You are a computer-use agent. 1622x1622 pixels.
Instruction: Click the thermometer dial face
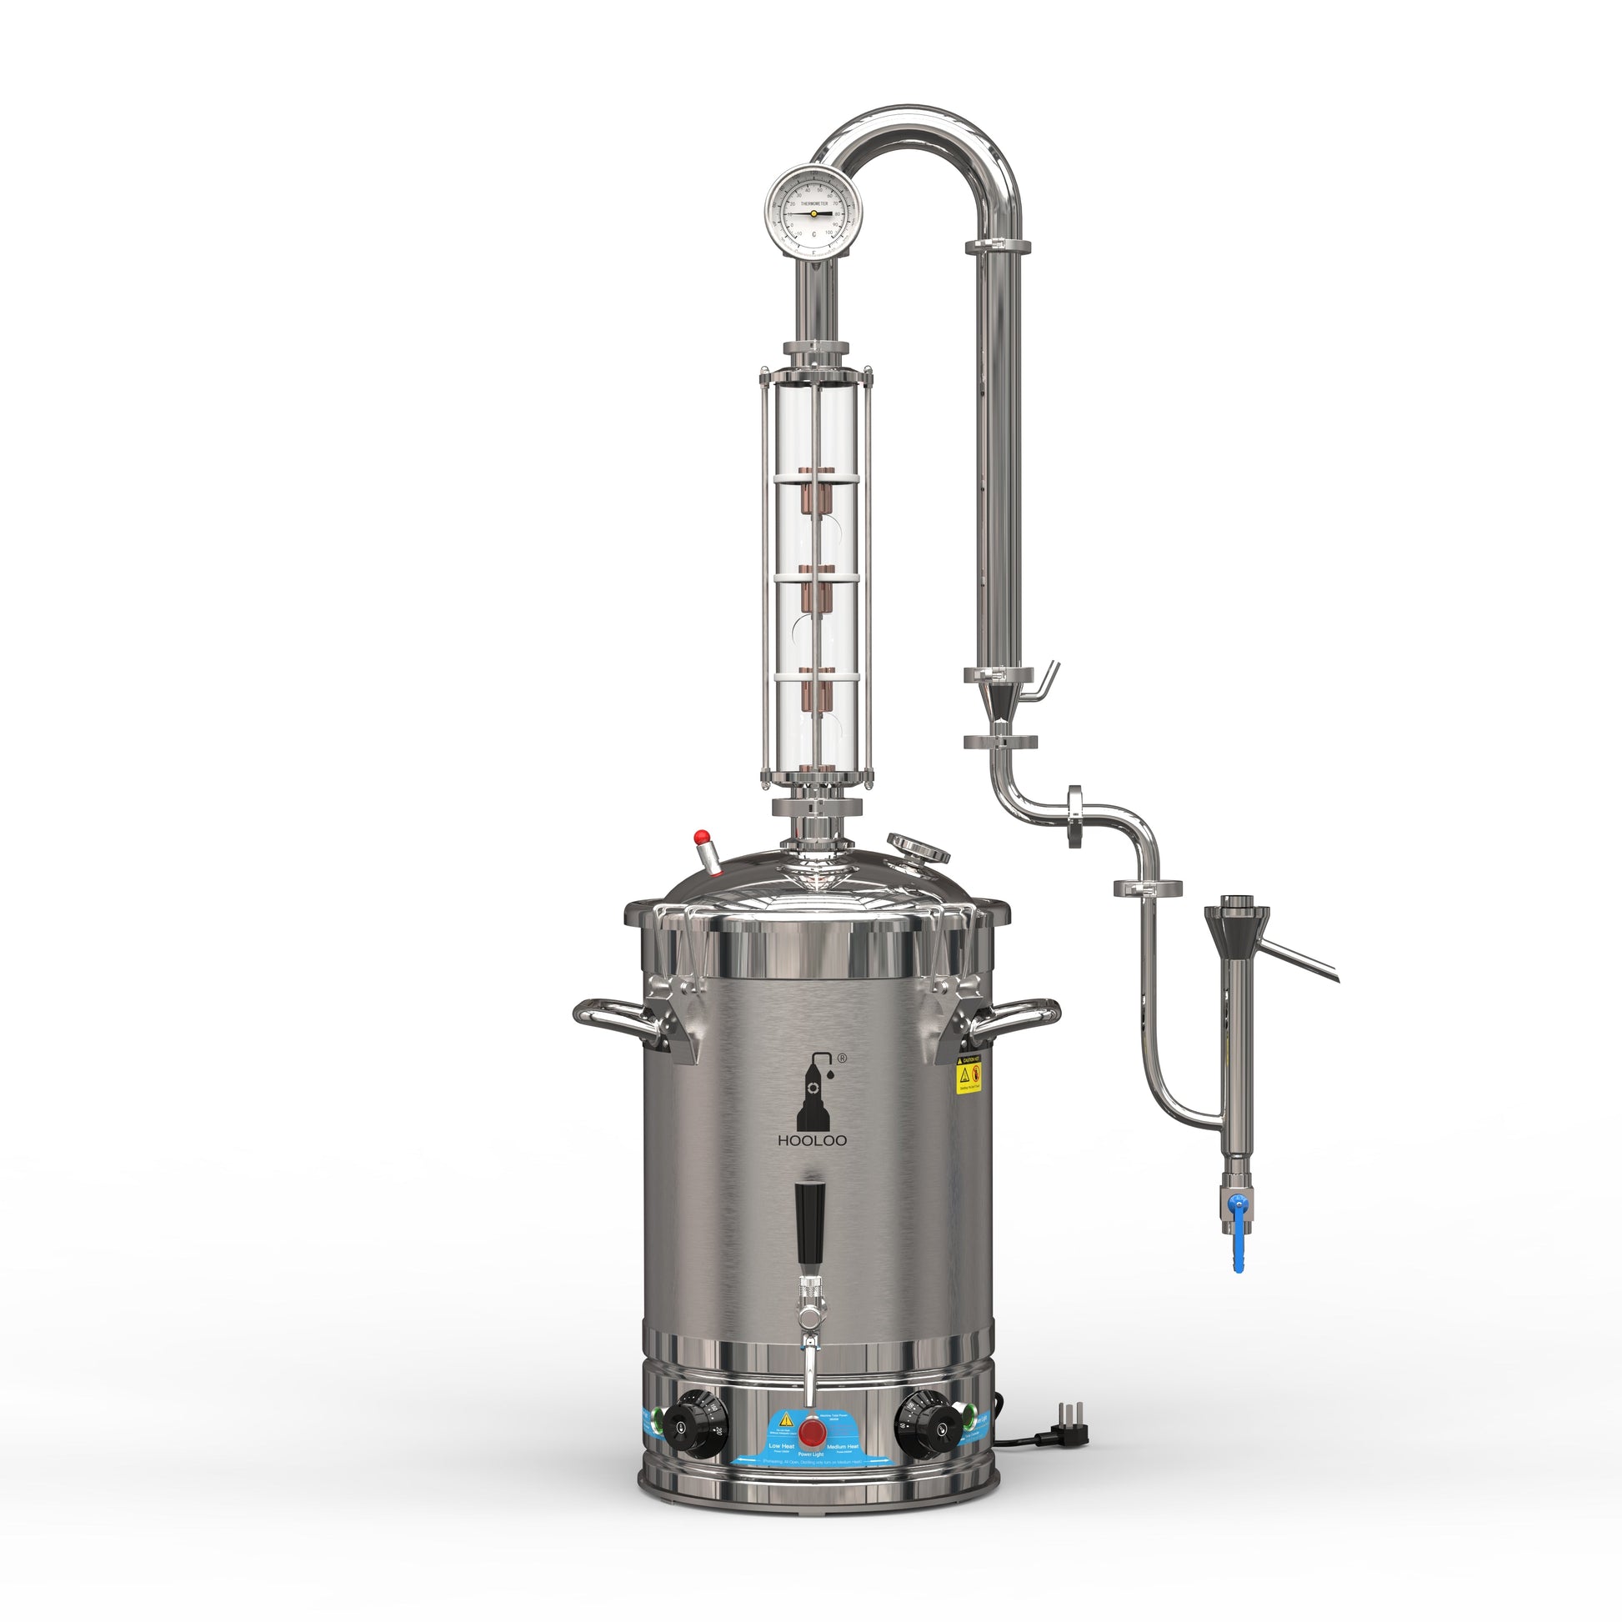(814, 213)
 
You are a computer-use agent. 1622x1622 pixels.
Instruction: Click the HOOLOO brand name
(812, 1141)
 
